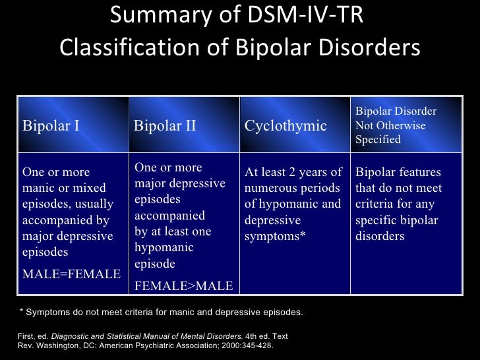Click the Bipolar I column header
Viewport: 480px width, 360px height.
pyautogui.click(x=51, y=125)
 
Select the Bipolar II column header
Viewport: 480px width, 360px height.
pyautogui.click(x=165, y=125)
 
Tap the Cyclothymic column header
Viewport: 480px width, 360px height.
pyautogui.click(x=285, y=125)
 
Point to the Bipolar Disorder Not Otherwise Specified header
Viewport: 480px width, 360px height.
pyautogui.click(x=396, y=125)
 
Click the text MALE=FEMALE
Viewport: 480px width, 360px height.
pyautogui.click(x=72, y=274)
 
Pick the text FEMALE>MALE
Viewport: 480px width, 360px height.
pyautogui.click(x=183, y=286)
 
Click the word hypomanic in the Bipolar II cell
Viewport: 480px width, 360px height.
pyautogui.click(x=164, y=247)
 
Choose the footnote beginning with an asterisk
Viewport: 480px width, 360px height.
pyautogui.click(x=159, y=312)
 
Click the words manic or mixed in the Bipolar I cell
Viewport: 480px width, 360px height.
pyautogui.click(x=65, y=188)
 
